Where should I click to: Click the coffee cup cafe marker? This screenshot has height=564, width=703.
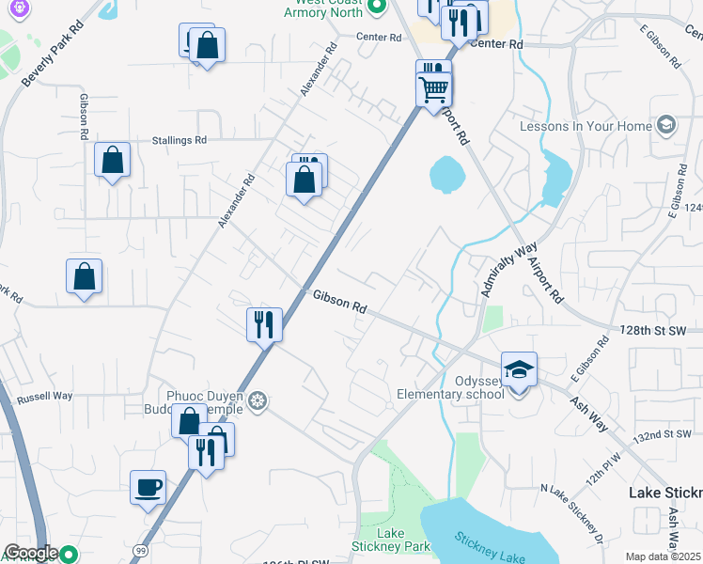(x=148, y=488)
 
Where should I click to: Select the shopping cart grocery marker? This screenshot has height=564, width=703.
(x=434, y=89)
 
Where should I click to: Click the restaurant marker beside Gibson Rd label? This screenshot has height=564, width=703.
(x=263, y=325)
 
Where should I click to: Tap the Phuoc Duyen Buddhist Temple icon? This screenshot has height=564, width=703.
(x=258, y=402)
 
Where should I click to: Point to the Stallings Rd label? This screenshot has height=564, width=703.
(x=179, y=141)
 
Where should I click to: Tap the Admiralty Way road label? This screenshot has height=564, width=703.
(x=501, y=266)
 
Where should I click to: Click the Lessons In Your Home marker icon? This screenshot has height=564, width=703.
(x=666, y=125)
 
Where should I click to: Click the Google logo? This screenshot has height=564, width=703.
(x=30, y=553)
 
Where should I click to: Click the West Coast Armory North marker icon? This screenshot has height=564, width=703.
(x=377, y=8)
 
